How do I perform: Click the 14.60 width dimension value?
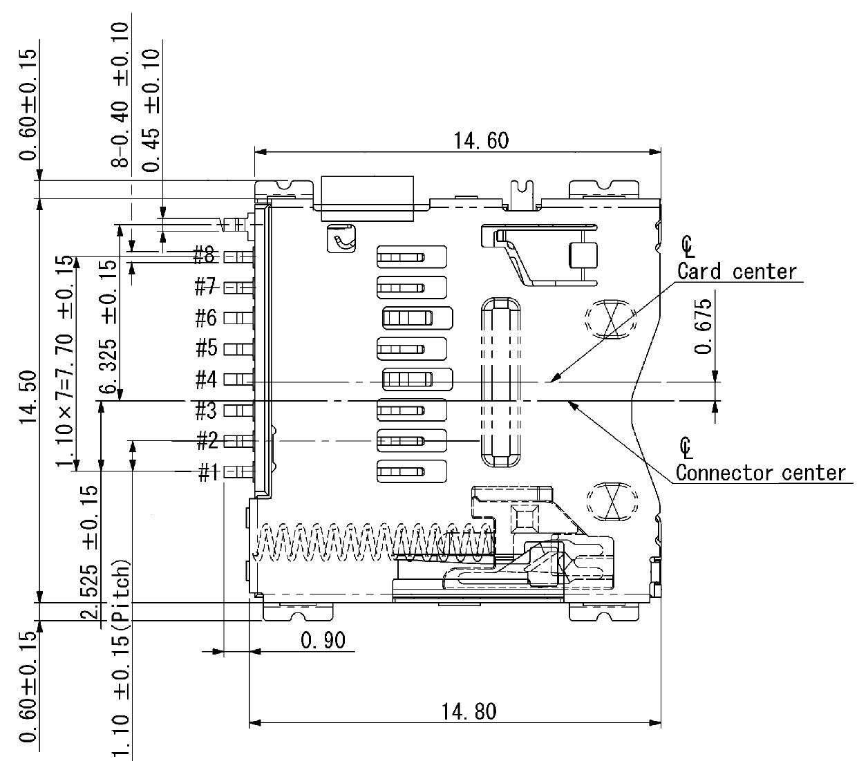(x=481, y=141)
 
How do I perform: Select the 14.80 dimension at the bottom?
(x=469, y=711)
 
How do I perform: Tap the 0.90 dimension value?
(x=323, y=640)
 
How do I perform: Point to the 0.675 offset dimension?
(x=704, y=326)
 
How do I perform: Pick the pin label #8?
(x=206, y=256)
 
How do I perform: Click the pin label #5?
(x=206, y=348)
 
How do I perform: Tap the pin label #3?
(x=206, y=411)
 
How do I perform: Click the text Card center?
(x=737, y=271)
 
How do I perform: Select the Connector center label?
(x=760, y=473)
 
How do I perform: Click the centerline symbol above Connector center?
(x=686, y=447)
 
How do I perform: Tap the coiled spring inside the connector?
(x=373, y=541)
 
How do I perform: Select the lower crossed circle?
(x=610, y=500)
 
